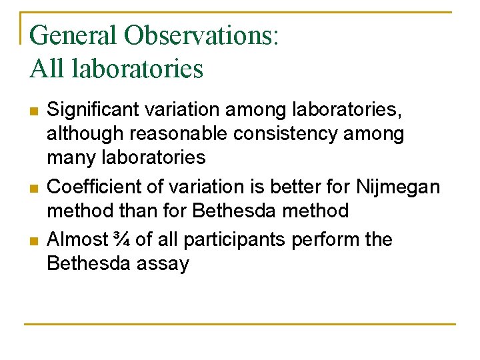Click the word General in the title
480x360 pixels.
[73, 35]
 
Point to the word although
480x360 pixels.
[85, 133]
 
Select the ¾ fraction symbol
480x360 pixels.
[121, 239]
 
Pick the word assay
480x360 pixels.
[163, 265]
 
